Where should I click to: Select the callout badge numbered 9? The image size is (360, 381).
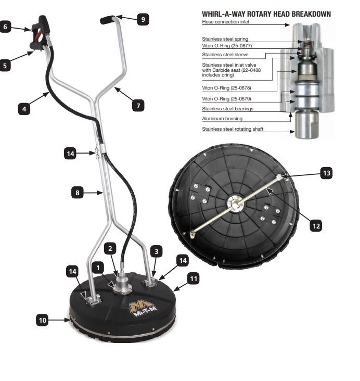(x=142, y=19)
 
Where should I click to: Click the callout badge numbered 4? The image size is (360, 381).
(x=23, y=109)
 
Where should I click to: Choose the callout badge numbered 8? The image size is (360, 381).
(x=78, y=192)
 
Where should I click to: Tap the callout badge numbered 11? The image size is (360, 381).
(x=193, y=279)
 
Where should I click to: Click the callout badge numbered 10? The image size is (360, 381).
(x=43, y=320)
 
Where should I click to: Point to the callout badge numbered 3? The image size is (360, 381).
(x=155, y=251)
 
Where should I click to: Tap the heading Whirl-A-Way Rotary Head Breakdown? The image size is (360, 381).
(x=266, y=14)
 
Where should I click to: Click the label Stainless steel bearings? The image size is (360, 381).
(x=227, y=109)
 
